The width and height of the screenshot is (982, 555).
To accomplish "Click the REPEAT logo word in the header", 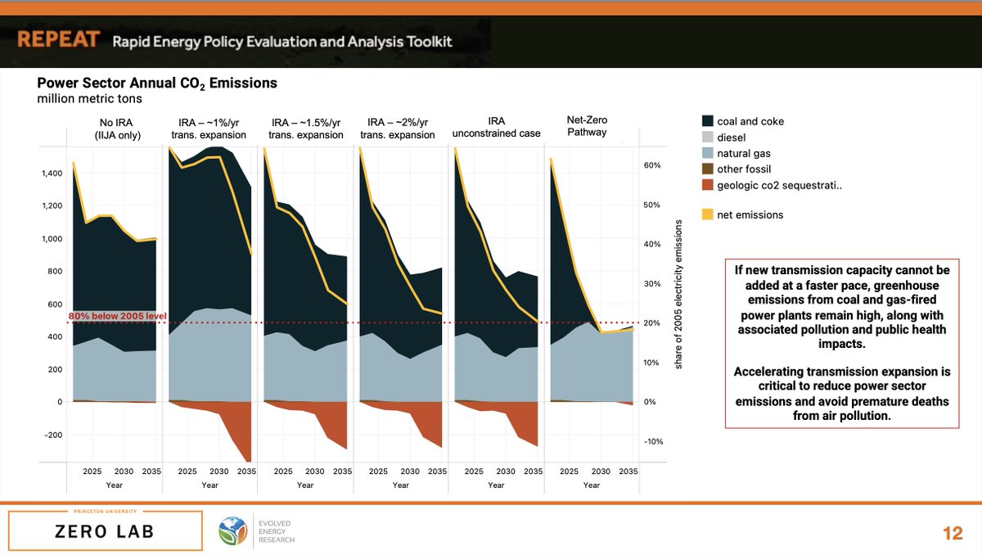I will click(x=59, y=40).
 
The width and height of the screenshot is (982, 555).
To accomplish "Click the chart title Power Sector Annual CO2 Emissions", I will click(x=157, y=83).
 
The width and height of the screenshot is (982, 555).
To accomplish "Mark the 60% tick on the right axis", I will click(x=651, y=165).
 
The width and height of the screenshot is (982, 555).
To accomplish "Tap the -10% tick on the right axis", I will click(x=651, y=442).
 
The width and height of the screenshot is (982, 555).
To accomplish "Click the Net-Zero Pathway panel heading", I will click(x=587, y=126).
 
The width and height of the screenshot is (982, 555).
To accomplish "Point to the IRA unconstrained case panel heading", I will click(x=496, y=127).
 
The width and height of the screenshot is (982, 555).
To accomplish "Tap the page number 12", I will click(x=953, y=533).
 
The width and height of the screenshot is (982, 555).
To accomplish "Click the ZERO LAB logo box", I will click(x=105, y=531).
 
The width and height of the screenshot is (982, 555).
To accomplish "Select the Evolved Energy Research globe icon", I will click(x=231, y=530).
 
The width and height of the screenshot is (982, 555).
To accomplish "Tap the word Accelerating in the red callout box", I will click(x=775, y=372).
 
